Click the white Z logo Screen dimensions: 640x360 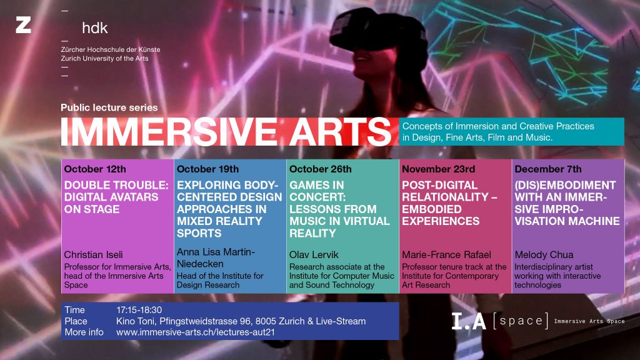click(x=23, y=25)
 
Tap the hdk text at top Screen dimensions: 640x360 click(x=95, y=28)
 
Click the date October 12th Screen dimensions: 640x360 click(x=95, y=169)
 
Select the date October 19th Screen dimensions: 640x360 click(x=207, y=169)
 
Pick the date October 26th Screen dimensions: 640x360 click(x=321, y=169)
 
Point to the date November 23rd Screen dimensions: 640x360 click(x=438, y=169)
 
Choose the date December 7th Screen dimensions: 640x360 click(x=548, y=169)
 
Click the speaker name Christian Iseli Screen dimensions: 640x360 click(x=94, y=255)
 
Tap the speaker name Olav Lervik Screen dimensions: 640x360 click(x=314, y=255)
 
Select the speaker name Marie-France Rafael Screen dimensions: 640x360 click(x=446, y=255)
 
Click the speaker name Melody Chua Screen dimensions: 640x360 click(x=544, y=255)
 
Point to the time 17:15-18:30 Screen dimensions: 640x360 click(x=139, y=310)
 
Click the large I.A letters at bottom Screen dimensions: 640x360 click(x=469, y=321)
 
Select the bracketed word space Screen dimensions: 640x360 click(x=521, y=321)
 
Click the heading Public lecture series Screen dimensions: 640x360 click(x=109, y=107)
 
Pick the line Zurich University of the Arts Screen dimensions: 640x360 click(x=104, y=58)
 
